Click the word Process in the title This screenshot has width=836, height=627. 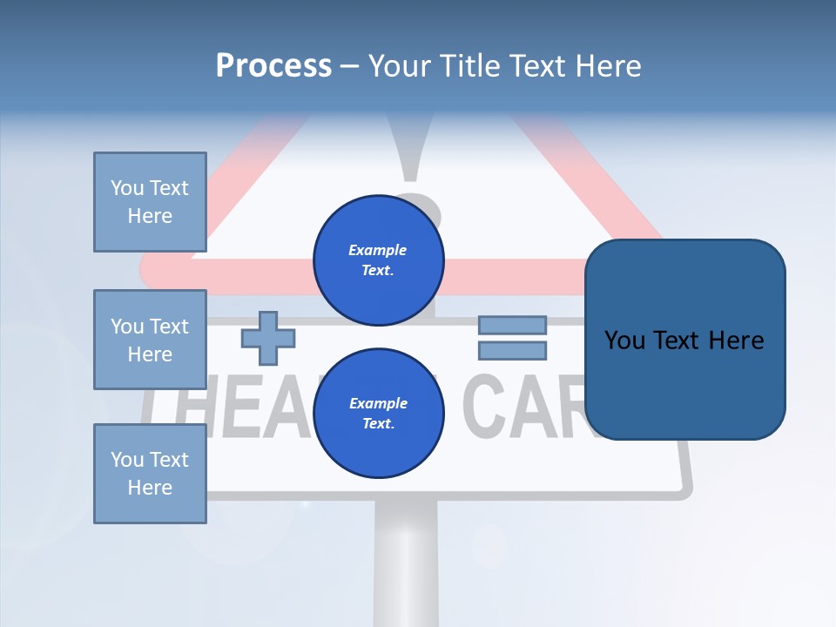[273, 66]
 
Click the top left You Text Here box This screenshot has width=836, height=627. [150, 202]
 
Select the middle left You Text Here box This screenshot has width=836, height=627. [150, 340]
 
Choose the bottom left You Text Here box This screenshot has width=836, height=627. [150, 474]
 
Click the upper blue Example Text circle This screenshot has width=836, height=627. [378, 260]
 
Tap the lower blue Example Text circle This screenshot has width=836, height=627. [378, 413]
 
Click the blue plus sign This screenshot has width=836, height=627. [267, 338]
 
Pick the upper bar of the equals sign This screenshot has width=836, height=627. [512, 325]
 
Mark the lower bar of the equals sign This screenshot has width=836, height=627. [512, 351]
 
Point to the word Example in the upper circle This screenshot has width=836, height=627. [377, 250]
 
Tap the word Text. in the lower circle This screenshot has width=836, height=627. [378, 423]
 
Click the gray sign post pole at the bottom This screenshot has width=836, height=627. [405, 566]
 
